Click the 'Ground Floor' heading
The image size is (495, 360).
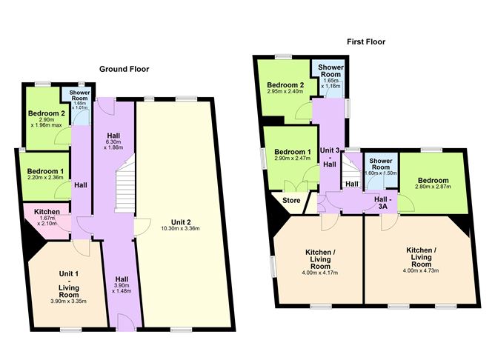click(124, 69)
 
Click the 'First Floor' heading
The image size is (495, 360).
click(366, 42)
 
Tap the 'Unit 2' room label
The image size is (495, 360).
click(180, 221)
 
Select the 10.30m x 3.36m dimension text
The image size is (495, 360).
click(180, 229)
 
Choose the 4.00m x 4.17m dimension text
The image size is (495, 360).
click(319, 272)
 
